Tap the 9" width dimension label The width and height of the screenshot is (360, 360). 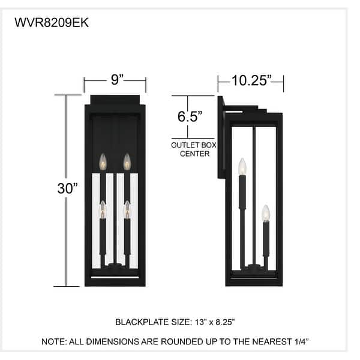[x=116, y=79]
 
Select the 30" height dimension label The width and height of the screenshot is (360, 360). [x=68, y=188]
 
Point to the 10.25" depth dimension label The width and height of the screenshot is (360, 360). [x=252, y=80]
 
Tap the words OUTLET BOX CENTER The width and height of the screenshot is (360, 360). [x=194, y=149]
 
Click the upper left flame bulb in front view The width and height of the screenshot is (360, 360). [x=103, y=161]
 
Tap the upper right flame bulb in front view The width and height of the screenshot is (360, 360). [x=127, y=161]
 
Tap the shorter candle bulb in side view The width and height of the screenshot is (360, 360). [x=266, y=212]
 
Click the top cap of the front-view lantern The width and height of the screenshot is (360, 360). [x=115, y=100]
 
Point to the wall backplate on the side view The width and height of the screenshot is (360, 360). [x=221, y=138]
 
